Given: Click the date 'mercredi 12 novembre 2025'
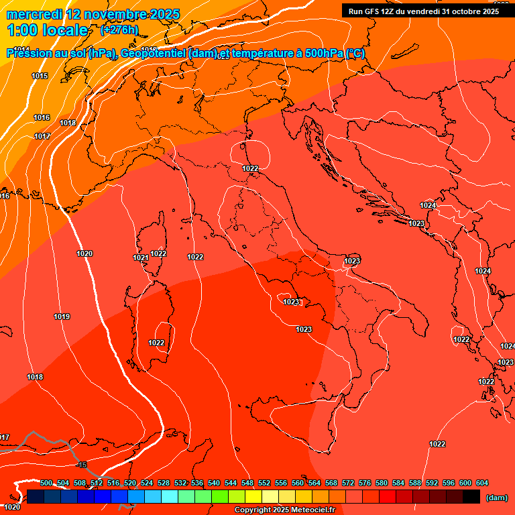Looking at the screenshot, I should coord(93,14).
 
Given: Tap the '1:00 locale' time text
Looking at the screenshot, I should coord(47,30).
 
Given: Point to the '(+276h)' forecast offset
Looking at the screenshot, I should coord(119,30).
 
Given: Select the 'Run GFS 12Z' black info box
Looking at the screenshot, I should coord(422,11).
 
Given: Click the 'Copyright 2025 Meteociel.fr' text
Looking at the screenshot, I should coord(284,510).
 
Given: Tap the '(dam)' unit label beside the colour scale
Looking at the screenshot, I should coord(496,498).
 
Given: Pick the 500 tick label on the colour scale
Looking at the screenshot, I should coord(46,483).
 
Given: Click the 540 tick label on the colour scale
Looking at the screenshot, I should coord(214,483).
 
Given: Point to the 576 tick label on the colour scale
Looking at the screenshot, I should coord(365,483).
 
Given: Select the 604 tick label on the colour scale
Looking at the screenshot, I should coord(482,483).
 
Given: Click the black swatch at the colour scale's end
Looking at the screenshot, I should coord(471,497).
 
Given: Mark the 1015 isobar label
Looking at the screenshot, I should coord(40,76).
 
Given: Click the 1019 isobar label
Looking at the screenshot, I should coord(62,317).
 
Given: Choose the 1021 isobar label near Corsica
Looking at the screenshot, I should coord(140,258).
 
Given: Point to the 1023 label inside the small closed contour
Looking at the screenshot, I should coord(291,302).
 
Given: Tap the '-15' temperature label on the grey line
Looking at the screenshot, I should coord(82,465).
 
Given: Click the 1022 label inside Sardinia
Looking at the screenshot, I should coord(156,343).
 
